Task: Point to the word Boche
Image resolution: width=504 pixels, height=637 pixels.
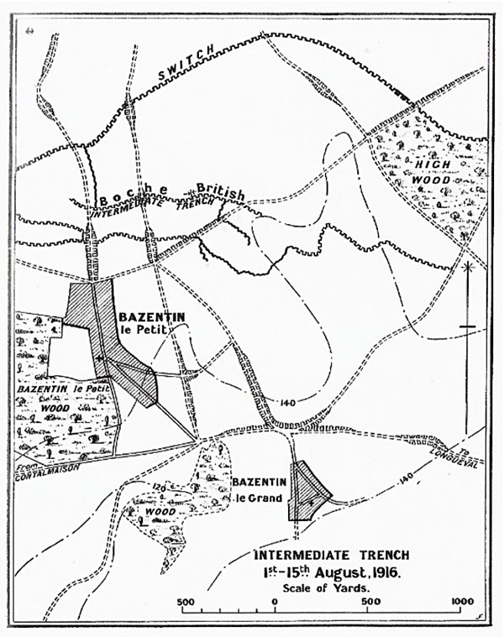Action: pos(126,197)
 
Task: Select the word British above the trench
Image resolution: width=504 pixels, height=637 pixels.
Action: pos(221,192)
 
